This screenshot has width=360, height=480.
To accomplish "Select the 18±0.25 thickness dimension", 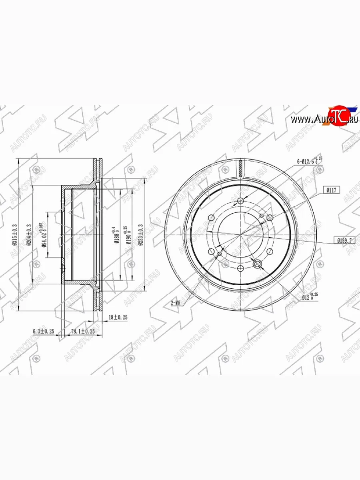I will (x=118, y=317).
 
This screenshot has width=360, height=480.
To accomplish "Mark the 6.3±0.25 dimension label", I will (x=44, y=331).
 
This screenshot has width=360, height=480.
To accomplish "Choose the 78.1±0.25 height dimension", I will (x=83, y=331).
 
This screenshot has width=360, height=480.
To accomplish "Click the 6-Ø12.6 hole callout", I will (x=309, y=161).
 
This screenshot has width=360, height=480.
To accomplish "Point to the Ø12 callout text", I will (x=308, y=297).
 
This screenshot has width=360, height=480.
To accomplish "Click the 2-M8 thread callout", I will (x=176, y=304).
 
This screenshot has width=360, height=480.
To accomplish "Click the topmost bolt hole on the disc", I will (x=240, y=201).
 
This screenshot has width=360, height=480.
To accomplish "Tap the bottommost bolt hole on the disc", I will (x=240, y=269).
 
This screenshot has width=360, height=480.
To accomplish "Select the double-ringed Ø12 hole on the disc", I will (x=257, y=263).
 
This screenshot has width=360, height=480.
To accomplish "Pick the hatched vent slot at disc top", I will (x=240, y=168).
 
